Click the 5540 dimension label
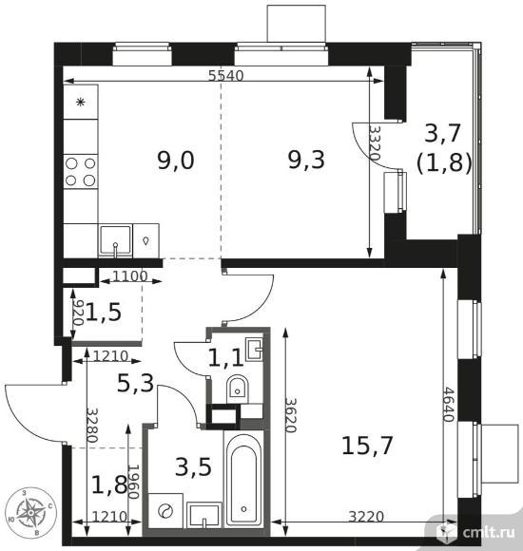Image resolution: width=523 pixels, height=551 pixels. [225, 75]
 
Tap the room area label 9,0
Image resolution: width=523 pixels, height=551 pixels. [176, 161]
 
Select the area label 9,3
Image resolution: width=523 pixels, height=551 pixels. [306, 160]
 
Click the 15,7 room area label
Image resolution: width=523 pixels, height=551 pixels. [367, 446]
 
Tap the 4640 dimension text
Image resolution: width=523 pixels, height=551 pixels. [449, 404]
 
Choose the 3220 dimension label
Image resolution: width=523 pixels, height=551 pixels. [366, 516]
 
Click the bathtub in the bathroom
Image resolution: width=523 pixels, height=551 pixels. [243, 479]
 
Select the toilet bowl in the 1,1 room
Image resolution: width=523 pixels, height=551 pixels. [238, 389]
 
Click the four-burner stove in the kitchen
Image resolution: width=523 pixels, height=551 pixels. [81, 172]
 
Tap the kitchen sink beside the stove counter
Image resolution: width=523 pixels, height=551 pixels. [115, 240]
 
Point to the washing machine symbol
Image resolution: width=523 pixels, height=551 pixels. [165, 510]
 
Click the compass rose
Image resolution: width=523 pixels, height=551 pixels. [31, 512]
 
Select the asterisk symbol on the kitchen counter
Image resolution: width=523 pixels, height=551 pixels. [81, 103]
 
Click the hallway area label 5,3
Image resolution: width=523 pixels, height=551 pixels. [135, 383]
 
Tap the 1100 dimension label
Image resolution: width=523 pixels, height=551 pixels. [129, 276]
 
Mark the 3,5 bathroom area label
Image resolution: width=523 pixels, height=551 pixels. [193, 467]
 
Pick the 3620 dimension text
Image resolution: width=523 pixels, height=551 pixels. [291, 415]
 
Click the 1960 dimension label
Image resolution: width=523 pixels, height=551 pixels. [133, 482]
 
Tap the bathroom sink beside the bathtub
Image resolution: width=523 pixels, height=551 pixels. [204, 515]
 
